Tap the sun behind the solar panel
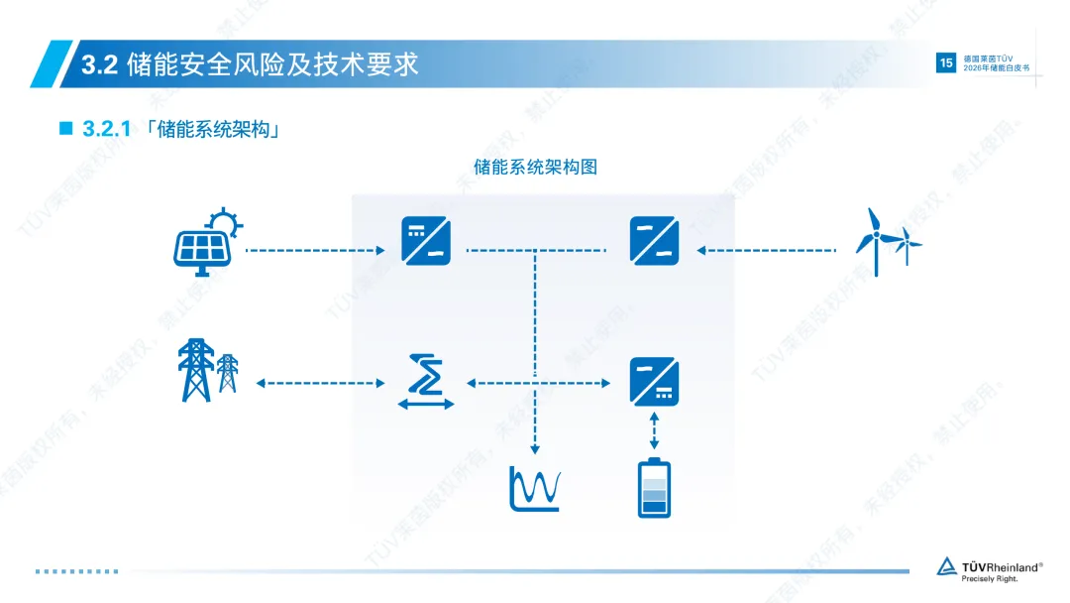point(223,221)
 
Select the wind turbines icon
point(888,241)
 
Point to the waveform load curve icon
point(535,488)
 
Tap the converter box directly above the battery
point(654,382)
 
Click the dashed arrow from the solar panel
point(314,251)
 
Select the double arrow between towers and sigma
point(319,383)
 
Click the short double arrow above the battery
point(654,429)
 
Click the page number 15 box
point(944,63)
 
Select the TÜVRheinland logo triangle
point(947,566)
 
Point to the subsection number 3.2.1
point(107,130)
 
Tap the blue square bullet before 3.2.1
point(66,129)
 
